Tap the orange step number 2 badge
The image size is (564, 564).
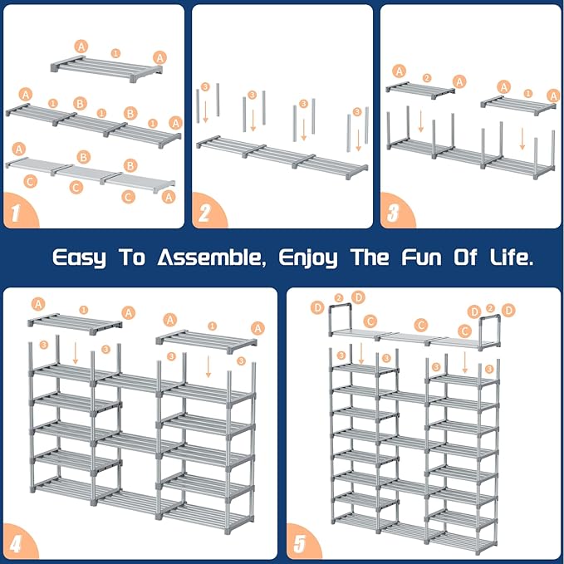tap(205, 213)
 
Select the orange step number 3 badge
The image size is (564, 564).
tap(394, 213)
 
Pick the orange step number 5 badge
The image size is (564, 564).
tap(301, 544)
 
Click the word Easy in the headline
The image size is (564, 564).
tap(80, 257)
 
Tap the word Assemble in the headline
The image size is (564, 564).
tap(208, 257)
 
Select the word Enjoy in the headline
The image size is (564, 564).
tap(308, 258)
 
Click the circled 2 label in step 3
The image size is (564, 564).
tap(426, 78)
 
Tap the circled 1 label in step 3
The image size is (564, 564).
tap(528, 93)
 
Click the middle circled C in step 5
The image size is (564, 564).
tap(421, 326)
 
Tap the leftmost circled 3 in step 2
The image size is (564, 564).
tap(204, 86)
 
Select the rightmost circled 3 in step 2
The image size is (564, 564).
tap(357, 111)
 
